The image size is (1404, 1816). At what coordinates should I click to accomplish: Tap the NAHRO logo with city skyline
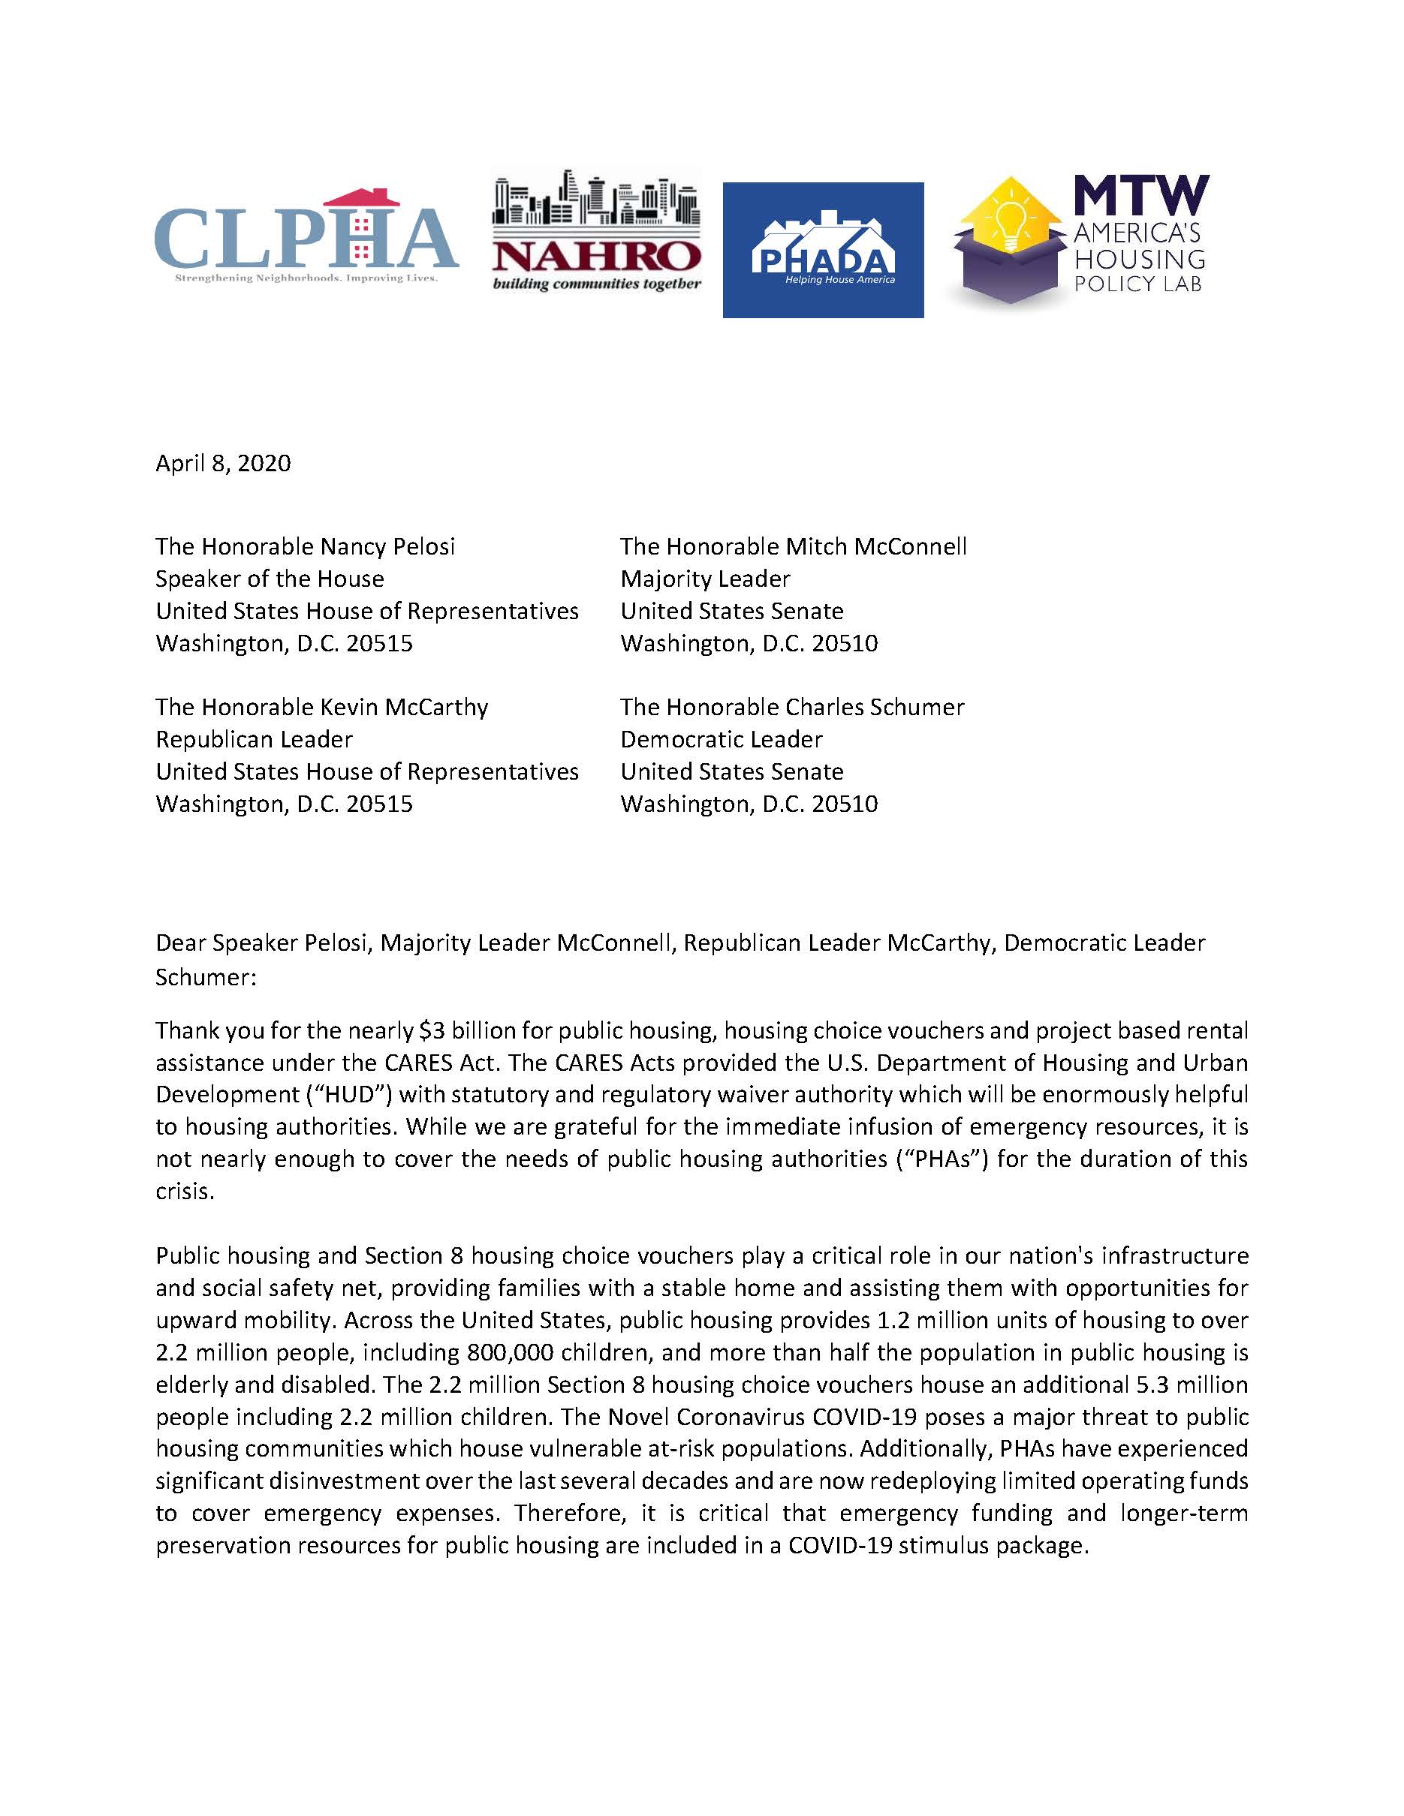tap(596, 233)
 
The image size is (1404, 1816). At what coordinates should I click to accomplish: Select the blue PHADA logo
tap(823, 249)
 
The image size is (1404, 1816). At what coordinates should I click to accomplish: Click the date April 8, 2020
tap(223, 463)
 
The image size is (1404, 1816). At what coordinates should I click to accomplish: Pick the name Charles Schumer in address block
tap(875, 707)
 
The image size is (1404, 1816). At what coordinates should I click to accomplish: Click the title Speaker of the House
tap(270, 579)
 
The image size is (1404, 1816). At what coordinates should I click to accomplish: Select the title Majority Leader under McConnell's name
tap(704, 579)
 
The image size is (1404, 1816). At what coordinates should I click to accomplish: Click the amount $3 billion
tap(466, 1031)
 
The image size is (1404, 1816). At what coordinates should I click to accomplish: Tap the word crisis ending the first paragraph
tap(184, 1192)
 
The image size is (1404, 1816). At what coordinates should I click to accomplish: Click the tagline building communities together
tap(596, 285)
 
